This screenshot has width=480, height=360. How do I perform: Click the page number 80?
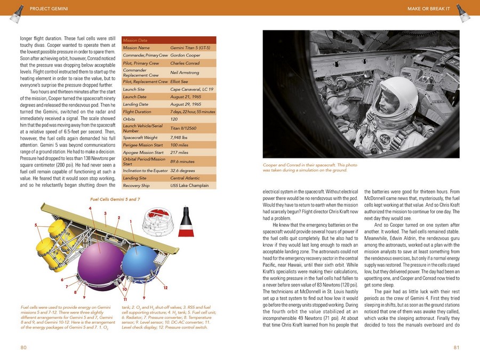pos(23,347)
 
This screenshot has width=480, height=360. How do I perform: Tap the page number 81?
pos(457,347)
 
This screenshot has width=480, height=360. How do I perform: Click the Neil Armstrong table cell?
pos(185,73)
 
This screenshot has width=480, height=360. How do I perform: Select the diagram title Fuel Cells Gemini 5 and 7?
pos(115,199)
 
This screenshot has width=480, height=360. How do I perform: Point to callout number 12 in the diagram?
pos(165,288)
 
